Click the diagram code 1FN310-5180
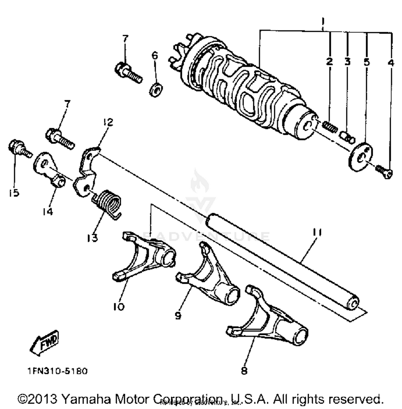(x=57, y=371)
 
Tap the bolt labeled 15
(x=19, y=149)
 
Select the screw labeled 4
(x=384, y=172)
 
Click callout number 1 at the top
(x=323, y=20)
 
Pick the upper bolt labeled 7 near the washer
(x=128, y=71)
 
